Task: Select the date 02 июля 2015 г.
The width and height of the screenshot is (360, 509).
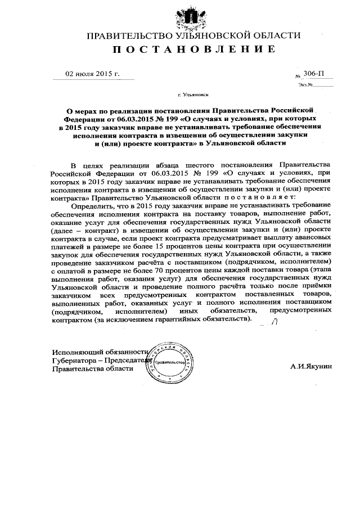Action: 93,74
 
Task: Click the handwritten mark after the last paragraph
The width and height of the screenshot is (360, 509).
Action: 274,322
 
